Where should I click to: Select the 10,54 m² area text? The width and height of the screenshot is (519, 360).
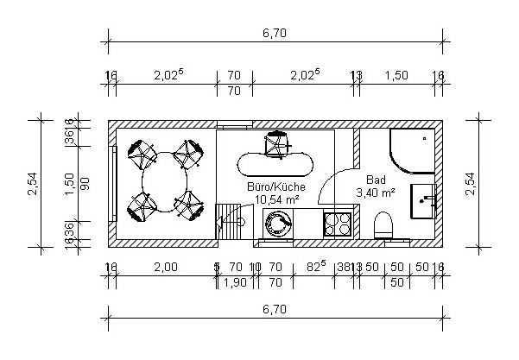276,199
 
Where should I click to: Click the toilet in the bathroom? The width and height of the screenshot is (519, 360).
384,226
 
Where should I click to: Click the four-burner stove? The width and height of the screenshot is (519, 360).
337,225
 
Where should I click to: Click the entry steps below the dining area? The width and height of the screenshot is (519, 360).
228,222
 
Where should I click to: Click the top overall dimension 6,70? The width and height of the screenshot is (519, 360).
275,34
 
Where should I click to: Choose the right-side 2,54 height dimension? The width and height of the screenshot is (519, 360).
470,182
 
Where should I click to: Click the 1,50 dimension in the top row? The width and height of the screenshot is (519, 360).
396,76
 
